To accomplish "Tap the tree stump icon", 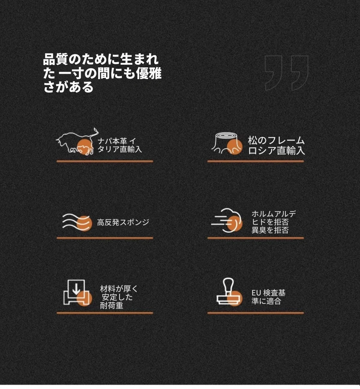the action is (227, 143).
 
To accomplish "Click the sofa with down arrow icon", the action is (77, 292).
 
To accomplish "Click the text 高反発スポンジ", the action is (123, 222).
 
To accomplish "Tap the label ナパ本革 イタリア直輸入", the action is (120, 145).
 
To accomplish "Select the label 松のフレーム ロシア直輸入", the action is (277, 145).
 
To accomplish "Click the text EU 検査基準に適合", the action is (268, 297).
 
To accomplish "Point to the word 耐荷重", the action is (112, 306).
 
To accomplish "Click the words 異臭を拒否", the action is (270, 230).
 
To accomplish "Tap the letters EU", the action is (256, 293).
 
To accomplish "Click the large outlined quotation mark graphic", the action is (286, 73).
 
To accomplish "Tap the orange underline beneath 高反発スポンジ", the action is (105, 238).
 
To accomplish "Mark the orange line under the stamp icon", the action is (256, 313).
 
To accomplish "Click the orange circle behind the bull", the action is (84, 147).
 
